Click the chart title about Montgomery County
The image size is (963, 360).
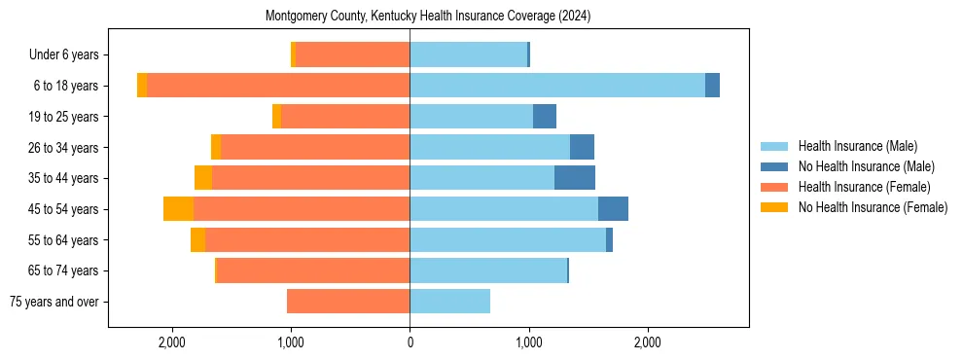[x=428, y=17]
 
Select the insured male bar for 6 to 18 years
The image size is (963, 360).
[x=556, y=86]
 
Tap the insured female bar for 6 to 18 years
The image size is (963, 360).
[x=278, y=86]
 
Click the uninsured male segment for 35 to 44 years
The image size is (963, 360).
[x=574, y=178]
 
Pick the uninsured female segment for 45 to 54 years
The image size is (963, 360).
[x=178, y=209]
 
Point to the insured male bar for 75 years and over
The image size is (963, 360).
[x=449, y=302]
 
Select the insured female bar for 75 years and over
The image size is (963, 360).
[x=348, y=302]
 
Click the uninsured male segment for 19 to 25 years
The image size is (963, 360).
[x=544, y=117]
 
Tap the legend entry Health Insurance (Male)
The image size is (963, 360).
[x=857, y=146]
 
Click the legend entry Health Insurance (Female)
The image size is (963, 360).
[x=864, y=187]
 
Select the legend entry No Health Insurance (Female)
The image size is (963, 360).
[x=873, y=207]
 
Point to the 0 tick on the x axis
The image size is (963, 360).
[x=410, y=342]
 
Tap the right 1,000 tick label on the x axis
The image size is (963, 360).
[x=528, y=342]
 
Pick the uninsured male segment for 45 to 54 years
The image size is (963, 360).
[x=613, y=209]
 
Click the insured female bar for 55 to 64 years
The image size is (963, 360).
[x=307, y=240]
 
